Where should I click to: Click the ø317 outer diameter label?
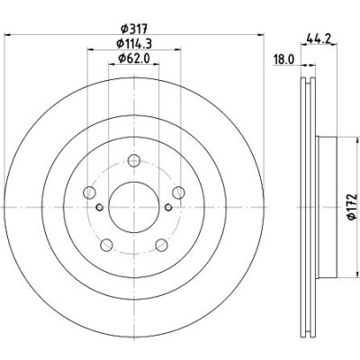(x=133, y=29)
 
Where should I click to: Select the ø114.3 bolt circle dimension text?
(x=134, y=44)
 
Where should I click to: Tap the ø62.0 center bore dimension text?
(x=134, y=58)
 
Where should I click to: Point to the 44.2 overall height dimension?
(x=319, y=38)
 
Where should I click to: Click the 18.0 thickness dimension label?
(x=283, y=59)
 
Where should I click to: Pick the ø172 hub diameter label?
(x=353, y=207)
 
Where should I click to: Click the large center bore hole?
(x=133, y=207)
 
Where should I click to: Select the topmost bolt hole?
(x=133, y=160)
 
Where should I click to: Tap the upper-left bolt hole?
(x=89, y=193)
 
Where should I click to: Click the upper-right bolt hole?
(x=178, y=193)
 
